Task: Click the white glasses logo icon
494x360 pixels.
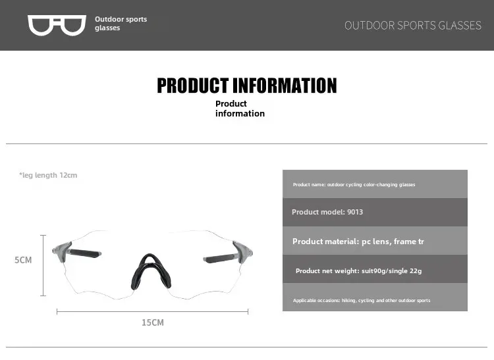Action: click(x=57, y=25)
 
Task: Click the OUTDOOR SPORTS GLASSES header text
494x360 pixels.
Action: click(x=413, y=26)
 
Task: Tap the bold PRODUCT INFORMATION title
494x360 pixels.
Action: click(x=247, y=86)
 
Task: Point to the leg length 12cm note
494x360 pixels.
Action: click(x=48, y=175)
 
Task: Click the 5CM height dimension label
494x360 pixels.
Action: click(x=23, y=260)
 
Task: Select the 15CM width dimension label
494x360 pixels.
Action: click(x=153, y=322)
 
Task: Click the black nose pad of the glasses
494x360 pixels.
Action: click(x=151, y=272)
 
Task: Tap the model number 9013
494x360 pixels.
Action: click(x=355, y=212)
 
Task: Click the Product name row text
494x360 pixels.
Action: click(x=354, y=185)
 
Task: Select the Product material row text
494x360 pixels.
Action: click(x=358, y=242)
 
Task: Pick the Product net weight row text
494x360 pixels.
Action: click(x=358, y=270)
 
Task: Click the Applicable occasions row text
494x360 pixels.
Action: click(x=362, y=301)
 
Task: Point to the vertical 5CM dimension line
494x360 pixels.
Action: click(x=43, y=265)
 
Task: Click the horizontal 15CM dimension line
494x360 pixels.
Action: click(x=153, y=311)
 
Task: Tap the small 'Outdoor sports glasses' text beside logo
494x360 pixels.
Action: click(x=121, y=23)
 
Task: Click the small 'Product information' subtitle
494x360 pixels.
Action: click(x=240, y=109)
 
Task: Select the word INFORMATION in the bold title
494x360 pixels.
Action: click(x=285, y=86)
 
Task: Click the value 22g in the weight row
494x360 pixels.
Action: click(x=416, y=270)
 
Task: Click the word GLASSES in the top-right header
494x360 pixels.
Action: click(x=460, y=26)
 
